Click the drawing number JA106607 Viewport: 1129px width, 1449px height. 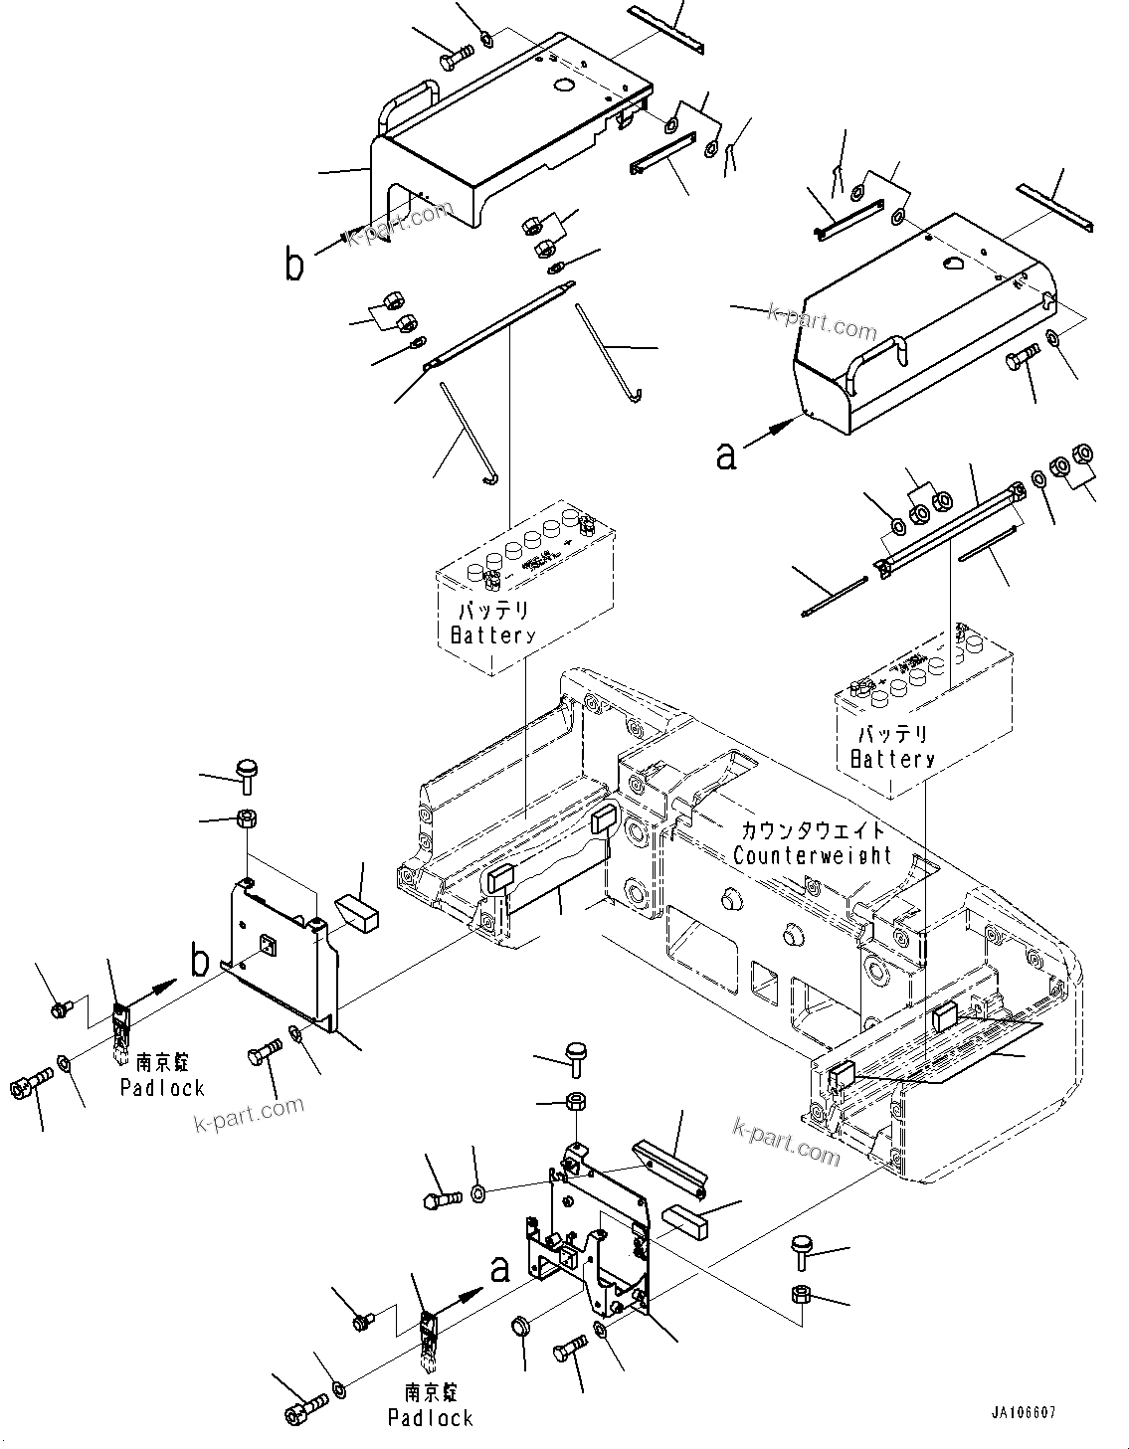(x=1023, y=1412)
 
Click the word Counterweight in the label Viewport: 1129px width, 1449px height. (x=812, y=855)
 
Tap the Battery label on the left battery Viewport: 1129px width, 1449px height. (x=491, y=635)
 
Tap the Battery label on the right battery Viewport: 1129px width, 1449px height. (x=892, y=759)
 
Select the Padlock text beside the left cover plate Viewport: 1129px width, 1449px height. (x=162, y=1087)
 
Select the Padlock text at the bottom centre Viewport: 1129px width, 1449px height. (x=430, y=1418)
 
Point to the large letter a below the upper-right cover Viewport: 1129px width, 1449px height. (x=727, y=454)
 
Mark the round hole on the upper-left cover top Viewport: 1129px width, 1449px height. (x=562, y=87)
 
